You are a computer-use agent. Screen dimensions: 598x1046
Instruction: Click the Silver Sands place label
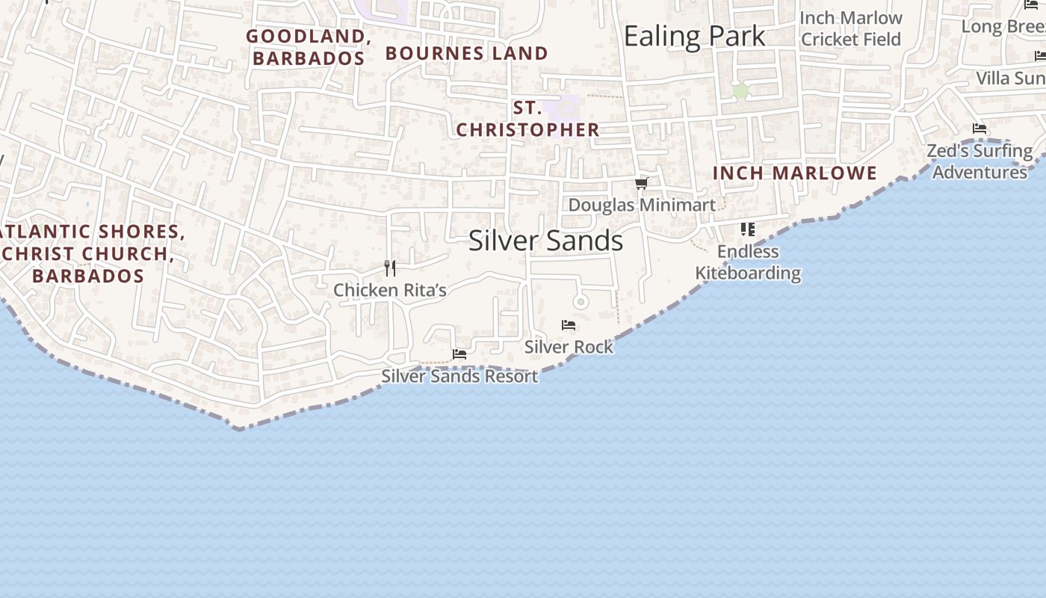[545, 241]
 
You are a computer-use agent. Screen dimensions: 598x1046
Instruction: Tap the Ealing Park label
[694, 36]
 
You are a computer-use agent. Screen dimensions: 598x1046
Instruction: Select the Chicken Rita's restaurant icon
[389, 268]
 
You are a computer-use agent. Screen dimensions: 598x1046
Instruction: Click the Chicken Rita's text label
[389, 290]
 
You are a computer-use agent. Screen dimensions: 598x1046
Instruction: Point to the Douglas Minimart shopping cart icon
[641, 184]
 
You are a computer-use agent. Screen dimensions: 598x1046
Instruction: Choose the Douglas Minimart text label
[642, 205]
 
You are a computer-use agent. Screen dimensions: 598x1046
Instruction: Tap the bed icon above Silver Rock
[569, 325]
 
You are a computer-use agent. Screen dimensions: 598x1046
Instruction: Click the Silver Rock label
[569, 347]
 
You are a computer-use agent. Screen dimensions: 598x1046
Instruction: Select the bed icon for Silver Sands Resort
[459, 354]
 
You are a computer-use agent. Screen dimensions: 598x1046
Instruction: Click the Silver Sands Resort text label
[459, 376]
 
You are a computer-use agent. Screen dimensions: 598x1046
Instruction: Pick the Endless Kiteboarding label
[748, 262]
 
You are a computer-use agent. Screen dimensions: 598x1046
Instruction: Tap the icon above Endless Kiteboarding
[748, 229]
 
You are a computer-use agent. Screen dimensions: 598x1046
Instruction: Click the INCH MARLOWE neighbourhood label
[794, 173]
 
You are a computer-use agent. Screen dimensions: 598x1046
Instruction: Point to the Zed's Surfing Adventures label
[980, 161]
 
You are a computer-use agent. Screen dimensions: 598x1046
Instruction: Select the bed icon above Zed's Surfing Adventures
[980, 129]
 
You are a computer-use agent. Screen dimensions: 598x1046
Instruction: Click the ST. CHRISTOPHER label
[527, 119]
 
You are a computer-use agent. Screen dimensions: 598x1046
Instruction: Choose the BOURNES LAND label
[467, 54]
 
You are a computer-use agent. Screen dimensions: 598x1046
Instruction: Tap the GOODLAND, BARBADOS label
[309, 47]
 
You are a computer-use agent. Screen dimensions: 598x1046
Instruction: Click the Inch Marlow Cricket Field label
[851, 28]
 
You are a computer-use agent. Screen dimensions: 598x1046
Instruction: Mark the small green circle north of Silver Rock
[581, 302]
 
